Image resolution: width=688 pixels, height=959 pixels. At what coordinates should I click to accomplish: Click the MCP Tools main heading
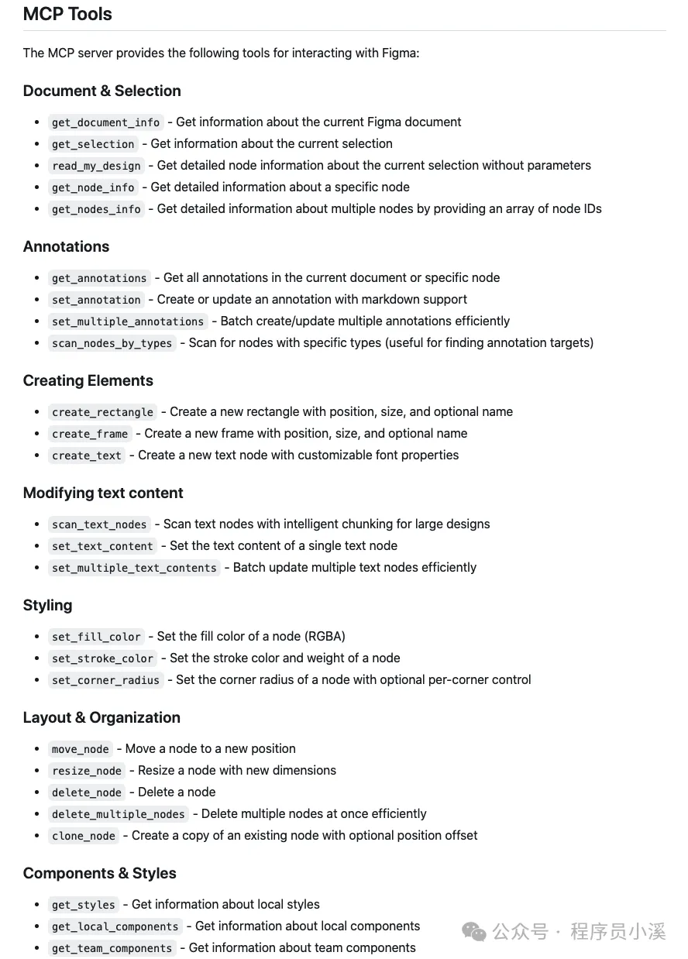[67, 14]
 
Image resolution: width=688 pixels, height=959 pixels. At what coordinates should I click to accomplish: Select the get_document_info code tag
[105, 122]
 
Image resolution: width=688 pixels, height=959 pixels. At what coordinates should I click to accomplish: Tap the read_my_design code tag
[96, 166]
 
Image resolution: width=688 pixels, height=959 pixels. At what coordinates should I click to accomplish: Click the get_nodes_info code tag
[96, 209]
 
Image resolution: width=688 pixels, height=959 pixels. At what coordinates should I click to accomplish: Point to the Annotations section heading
[66, 246]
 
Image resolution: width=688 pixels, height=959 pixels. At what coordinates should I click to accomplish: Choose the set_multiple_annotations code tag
[128, 321]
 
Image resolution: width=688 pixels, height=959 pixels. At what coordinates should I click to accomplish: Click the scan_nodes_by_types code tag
[112, 343]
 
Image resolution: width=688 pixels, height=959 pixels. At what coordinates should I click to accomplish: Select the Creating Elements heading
[88, 380]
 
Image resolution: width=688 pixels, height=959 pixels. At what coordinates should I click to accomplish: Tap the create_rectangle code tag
[102, 412]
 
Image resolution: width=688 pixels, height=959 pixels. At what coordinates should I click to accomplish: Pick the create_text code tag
[87, 455]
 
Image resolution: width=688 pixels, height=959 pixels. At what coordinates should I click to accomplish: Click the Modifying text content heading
[103, 493]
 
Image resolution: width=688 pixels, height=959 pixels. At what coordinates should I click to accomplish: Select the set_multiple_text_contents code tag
[134, 568]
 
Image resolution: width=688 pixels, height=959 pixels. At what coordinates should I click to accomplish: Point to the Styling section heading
[47, 605]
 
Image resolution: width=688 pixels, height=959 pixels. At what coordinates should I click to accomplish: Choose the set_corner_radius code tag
[105, 680]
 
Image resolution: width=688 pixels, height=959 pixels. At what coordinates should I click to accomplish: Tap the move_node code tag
[81, 749]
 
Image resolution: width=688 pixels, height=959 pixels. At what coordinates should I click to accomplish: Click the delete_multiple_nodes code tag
[118, 814]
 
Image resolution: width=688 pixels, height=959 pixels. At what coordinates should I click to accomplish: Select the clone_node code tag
[84, 836]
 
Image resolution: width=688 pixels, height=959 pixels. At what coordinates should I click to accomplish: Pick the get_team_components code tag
[112, 948]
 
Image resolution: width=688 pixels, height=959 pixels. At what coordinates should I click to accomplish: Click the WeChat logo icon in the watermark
[474, 932]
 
